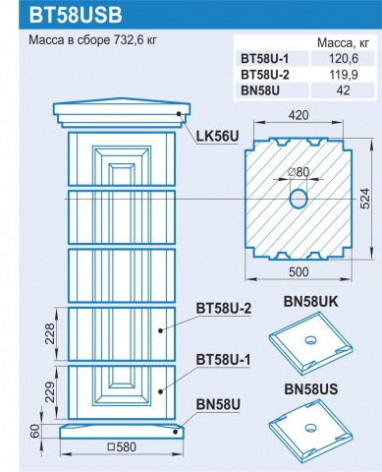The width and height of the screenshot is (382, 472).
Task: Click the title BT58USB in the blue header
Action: [x=76, y=15]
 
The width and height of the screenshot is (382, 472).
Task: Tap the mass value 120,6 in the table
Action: [x=344, y=59]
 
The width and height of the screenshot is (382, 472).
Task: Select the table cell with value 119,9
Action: [x=344, y=75]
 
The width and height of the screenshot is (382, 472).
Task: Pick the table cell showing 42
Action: [x=344, y=90]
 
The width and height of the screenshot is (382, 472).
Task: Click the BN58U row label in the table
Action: [x=260, y=90]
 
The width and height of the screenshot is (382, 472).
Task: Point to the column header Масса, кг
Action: [x=343, y=43]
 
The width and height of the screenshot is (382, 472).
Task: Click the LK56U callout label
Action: [x=217, y=136]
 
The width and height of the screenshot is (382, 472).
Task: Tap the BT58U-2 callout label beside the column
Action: [x=224, y=309]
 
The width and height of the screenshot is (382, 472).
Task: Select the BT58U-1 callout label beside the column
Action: [x=223, y=360]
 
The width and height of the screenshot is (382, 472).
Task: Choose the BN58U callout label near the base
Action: [x=218, y=404]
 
